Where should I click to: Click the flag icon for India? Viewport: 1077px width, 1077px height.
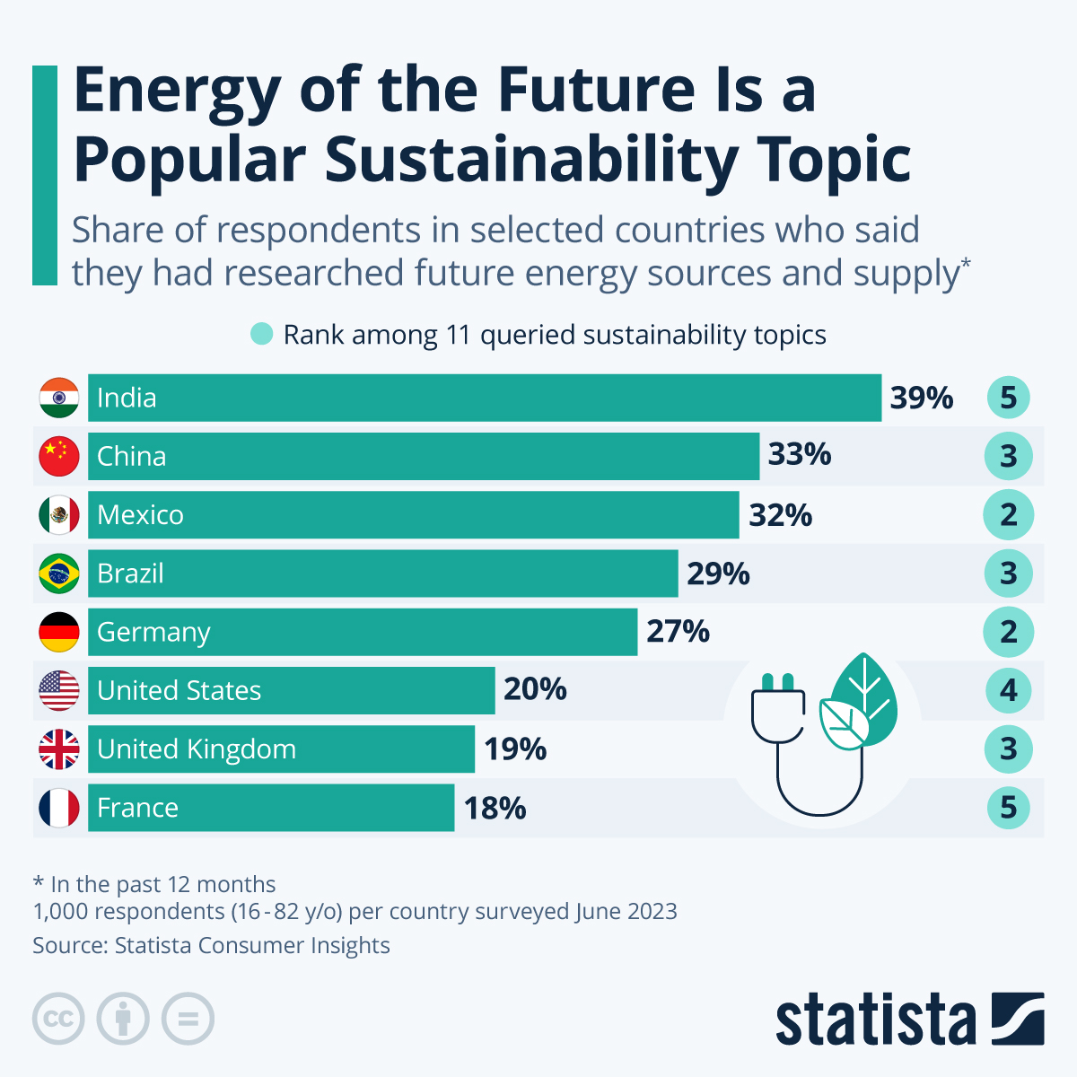coord(59,398)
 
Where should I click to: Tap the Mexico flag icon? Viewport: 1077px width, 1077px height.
coord(59,515)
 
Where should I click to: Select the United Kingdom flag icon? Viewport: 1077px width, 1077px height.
coord(59,749)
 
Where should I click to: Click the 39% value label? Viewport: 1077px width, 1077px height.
coord(922,398)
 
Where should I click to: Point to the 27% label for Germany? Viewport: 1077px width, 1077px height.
coord(678,632)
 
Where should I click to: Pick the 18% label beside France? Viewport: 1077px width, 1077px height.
coord(495,808)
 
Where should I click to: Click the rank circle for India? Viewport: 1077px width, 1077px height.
coord(1009,398)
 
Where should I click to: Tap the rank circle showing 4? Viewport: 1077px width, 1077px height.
coord(1009,691)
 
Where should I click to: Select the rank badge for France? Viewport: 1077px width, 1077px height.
coord(1009,808)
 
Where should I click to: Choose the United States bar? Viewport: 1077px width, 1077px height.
coord(292,691)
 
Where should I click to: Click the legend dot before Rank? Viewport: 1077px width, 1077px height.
coord(261,335)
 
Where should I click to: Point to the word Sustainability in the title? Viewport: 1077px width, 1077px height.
coord(530,160)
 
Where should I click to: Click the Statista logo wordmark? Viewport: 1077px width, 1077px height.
coord(875,1020)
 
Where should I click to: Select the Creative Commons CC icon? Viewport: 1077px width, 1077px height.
coord(58,1019)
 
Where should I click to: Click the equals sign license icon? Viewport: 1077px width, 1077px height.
coord(188,1019)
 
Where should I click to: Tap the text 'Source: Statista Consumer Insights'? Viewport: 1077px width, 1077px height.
coord(212,946)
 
